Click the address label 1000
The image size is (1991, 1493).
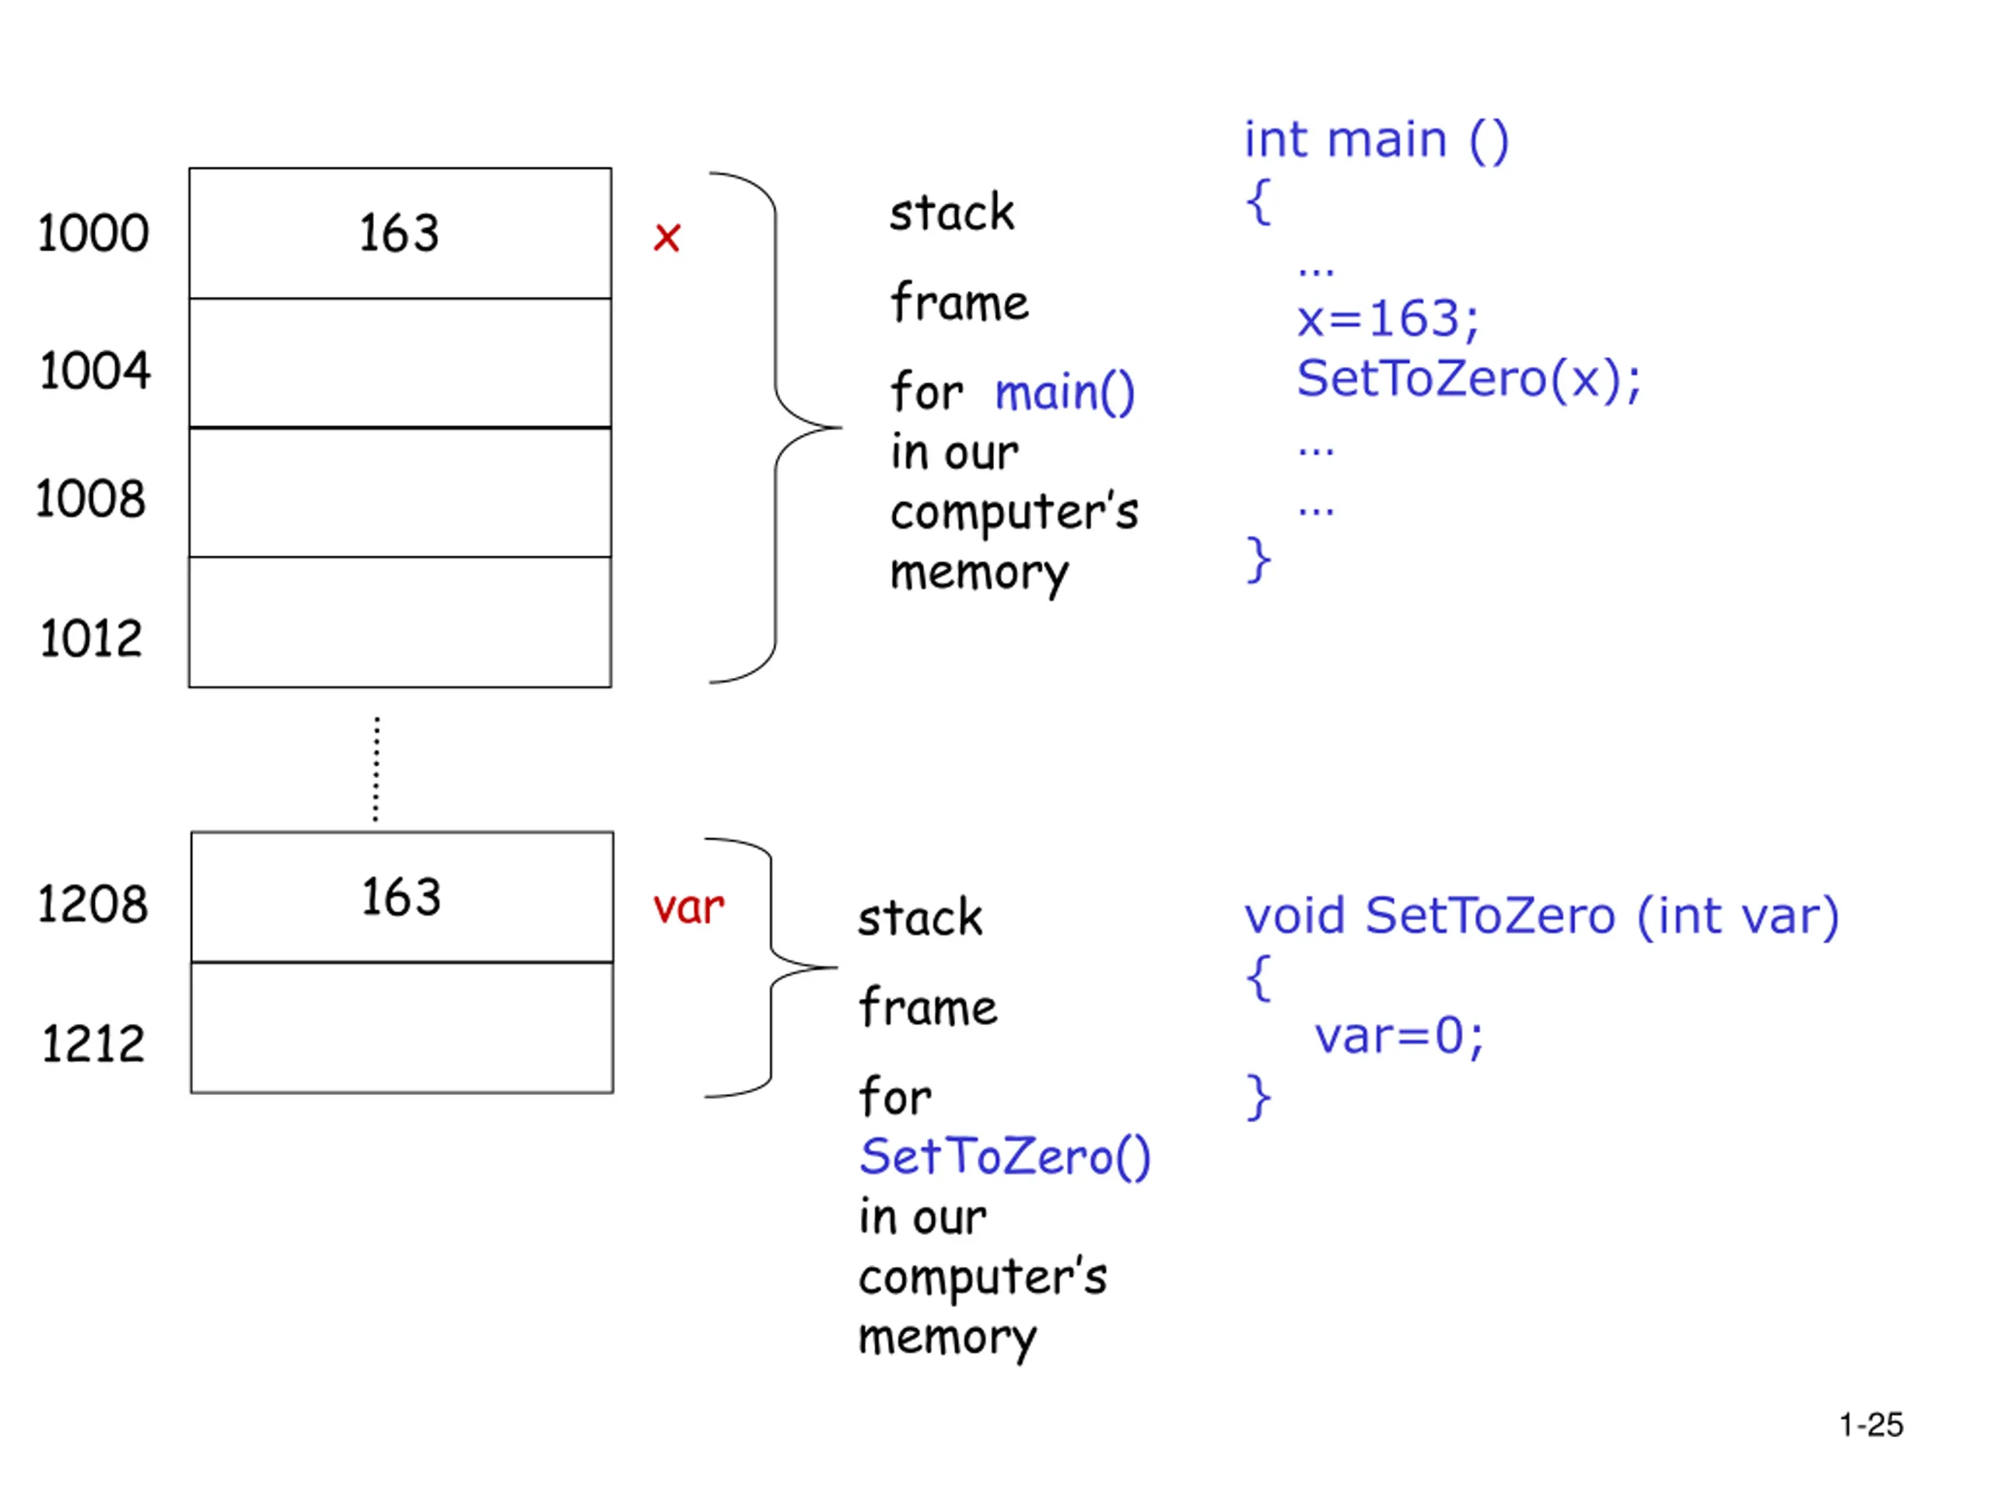click(x=93, y=233)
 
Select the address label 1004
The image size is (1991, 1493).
click(x=95, y=371)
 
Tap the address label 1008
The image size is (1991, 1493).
click(x=90, y=498)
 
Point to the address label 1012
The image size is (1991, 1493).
click(x=91, y=639)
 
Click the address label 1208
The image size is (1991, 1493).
click(x=92, y=904)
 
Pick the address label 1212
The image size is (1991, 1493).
click(x=93, y=1044)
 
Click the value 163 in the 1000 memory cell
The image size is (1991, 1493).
click(x=399, y=233)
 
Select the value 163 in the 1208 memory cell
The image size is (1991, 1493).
click(x=401, y=897)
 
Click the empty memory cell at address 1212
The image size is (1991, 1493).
click(x=401, y=1028)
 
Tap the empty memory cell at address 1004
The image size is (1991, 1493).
click(x=401, y=362)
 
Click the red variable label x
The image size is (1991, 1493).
click(x=667, y=238)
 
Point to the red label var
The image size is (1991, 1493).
click(x=688, y=907)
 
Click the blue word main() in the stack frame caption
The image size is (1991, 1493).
click(x=1065, y=393)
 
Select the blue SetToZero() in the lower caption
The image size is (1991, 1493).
click(x=1005, y=1156)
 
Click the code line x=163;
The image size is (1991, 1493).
click(x=1387, y=319)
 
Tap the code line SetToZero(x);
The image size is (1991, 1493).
click(x=1469, y=378)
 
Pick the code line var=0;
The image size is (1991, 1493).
click(x=1398, y=1037)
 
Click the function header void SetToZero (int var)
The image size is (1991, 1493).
click(x=1541, y=917)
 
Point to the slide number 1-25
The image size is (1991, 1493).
click(x=1871, y=1425)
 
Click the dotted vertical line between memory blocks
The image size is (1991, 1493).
click(x=376, y=770)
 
